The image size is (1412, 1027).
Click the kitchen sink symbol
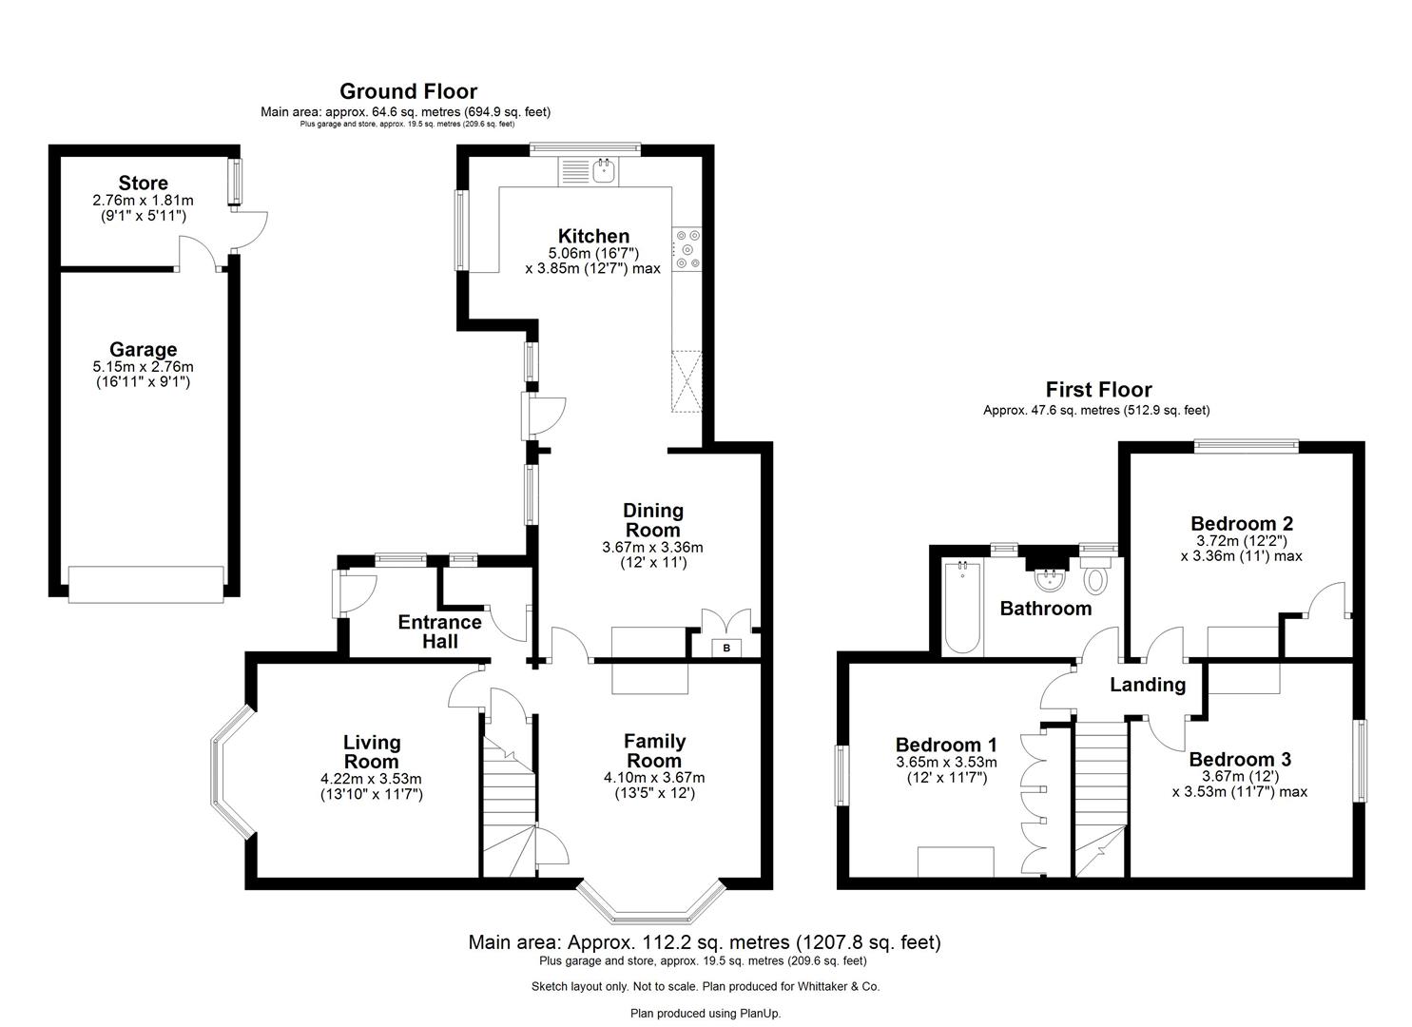[x=603, y=171]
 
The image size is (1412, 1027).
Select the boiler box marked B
[x=727, y=648]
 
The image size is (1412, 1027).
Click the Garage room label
[x=143, y=349]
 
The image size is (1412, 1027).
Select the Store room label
[x=143, y=183]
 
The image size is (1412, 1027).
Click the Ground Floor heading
[x=408, y=91]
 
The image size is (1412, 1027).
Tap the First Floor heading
[x=1098, y=389]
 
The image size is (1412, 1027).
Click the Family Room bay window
[x=652, y=909]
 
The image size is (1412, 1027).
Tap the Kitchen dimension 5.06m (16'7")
[x=592, y=254]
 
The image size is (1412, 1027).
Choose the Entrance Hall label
[x=439, y=631]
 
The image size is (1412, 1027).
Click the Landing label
[x=1148, y=685]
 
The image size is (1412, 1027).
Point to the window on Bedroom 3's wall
[x=1362, y=761]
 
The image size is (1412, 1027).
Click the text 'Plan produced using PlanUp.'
[x=706, y=1013]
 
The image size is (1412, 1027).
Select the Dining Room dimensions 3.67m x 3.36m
[x=652, y=548]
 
